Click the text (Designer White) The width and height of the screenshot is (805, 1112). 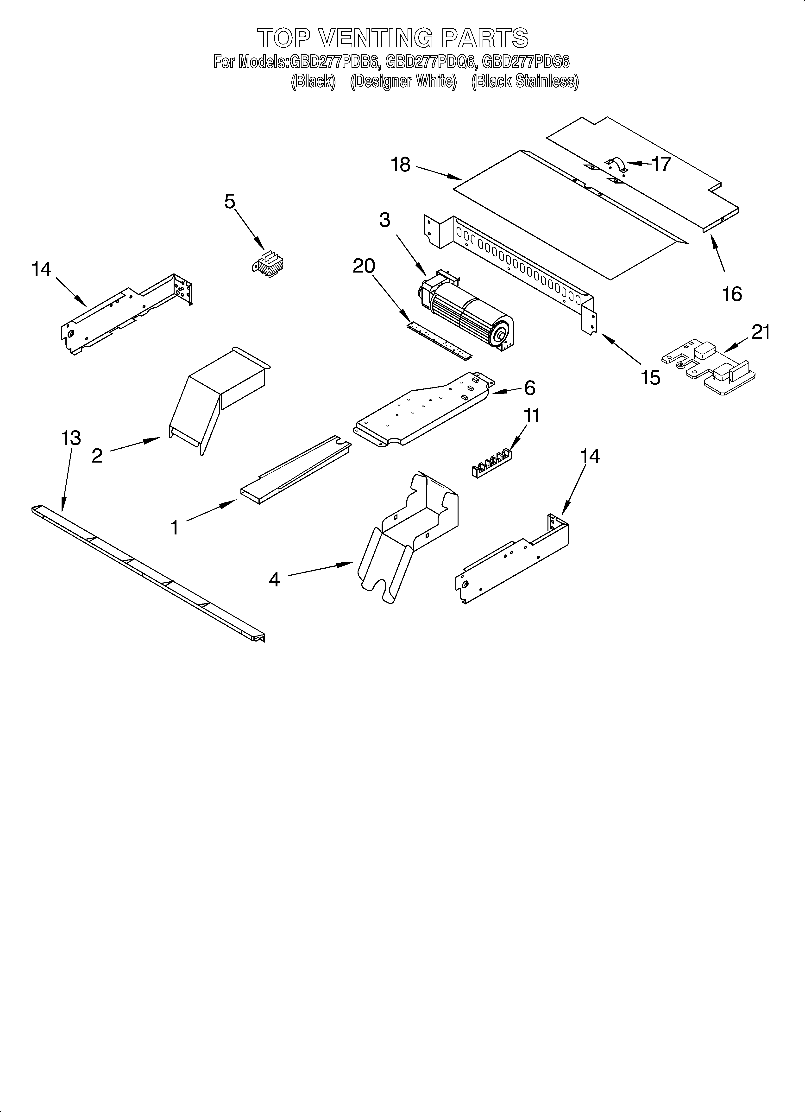pyautogui.click(x=403, y=81)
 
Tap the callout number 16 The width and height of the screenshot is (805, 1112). pyautogui.click(x=732, y=294)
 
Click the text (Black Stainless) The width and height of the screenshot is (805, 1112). pyautogui.click(x=525, y=81)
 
